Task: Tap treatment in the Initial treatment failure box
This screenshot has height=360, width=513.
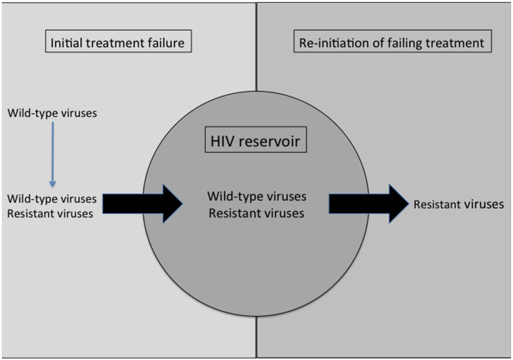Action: click(x=116, y=43)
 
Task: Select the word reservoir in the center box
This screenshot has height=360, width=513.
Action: click(x=273, y=141)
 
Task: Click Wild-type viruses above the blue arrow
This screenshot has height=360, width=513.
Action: click(x=52, y=113)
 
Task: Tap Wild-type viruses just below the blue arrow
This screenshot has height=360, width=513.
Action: click(x=52, y=199)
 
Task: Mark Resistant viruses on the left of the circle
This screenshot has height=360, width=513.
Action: click(x=50, y=214)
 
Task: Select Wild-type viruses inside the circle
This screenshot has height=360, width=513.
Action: click(x=256, y=196)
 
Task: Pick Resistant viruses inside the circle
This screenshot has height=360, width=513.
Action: click(x=256, y=213)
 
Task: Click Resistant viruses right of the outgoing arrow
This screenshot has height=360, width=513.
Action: click(x=458, y=204)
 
